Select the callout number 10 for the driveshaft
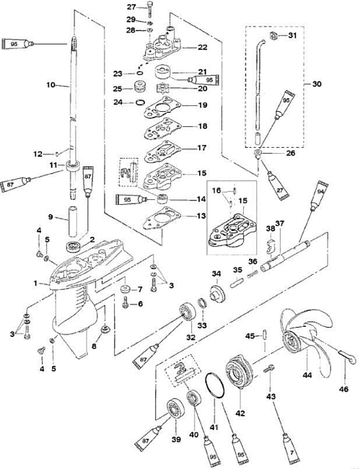[x=51, y=85]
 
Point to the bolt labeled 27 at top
[x=149, y=9]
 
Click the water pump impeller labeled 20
[x=164, y=89]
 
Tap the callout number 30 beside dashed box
[x=317, y=84]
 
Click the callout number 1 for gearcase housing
[x=36, y=283]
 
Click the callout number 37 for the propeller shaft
[x=280, y=224]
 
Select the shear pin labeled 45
[x=265, y=334]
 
